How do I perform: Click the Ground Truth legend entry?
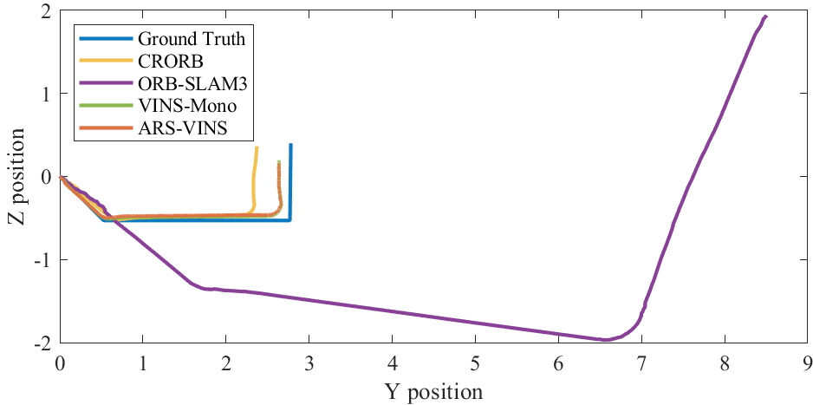(191, 38)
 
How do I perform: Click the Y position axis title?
(433, 392)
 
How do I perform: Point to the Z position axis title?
(16, 177)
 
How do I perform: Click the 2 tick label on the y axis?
(44, 10)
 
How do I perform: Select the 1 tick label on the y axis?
(44, 94)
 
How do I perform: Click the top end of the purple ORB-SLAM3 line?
(765, 16)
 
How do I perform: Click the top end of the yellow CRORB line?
(257, 147)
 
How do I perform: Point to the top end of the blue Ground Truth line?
(290, 145)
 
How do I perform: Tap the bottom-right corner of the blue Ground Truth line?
(289, 219)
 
